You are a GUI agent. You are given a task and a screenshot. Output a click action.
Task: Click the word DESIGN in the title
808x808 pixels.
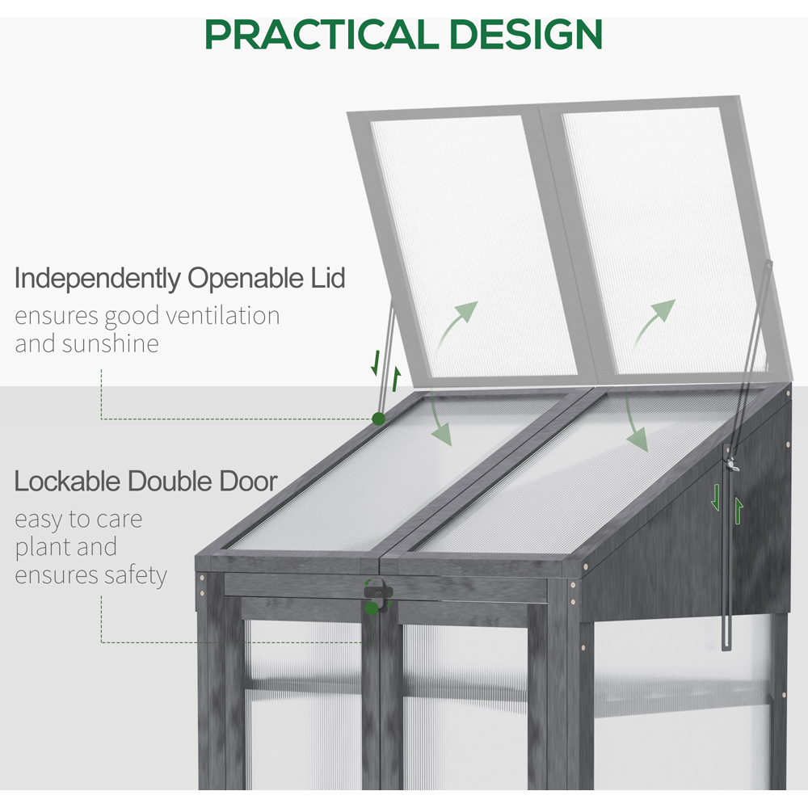tap(526, 35)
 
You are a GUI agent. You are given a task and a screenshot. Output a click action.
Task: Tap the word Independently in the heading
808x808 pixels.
tap(98, 278)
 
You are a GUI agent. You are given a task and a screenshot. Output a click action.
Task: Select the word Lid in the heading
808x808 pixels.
tap(328, 278)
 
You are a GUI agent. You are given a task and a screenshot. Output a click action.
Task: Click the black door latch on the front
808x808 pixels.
tap(378, 591)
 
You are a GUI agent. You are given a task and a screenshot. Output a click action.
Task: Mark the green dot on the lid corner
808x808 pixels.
tap(378, 419)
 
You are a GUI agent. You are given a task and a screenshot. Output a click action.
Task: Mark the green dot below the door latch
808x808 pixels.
tap(372, 609)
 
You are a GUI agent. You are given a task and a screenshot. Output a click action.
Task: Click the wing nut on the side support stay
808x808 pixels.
tap(732, 465)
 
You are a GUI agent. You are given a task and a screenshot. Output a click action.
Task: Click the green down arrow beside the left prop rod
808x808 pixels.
tap(376, 364)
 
